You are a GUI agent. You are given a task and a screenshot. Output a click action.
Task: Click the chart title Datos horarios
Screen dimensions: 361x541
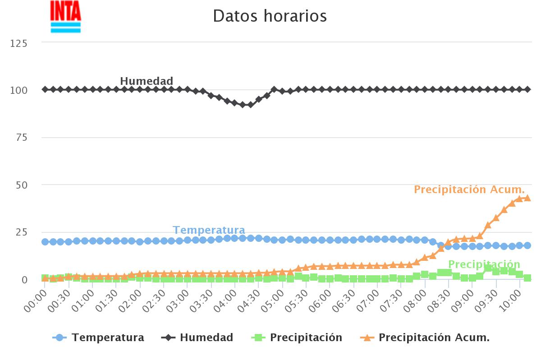coord(270,16)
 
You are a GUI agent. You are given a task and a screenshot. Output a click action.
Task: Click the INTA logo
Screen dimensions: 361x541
coord(66,17)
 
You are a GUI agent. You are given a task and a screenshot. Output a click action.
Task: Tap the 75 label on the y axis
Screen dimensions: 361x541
coord(21,138)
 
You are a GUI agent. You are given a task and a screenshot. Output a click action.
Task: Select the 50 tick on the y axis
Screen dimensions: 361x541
coord(21,185)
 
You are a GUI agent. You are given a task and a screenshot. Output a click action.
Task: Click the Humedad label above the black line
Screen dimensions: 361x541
coord(147,81)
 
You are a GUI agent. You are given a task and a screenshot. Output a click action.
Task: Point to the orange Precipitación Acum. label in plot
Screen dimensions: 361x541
coord(469,190)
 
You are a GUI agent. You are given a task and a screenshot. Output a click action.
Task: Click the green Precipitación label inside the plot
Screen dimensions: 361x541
coord(484,264)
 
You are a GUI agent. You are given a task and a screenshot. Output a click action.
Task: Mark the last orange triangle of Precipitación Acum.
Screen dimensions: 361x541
coord(527,198)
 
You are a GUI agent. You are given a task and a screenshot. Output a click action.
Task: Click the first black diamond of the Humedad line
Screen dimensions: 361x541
coord(45,89)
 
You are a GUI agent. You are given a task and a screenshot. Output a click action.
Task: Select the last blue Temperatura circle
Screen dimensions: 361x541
coord(527,245)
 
